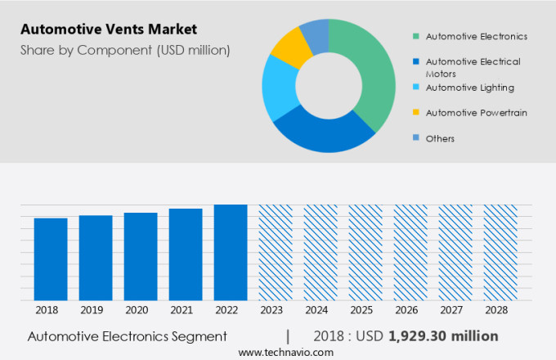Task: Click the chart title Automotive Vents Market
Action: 109,30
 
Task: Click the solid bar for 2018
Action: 51,259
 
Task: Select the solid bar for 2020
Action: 141,257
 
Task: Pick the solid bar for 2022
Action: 231,253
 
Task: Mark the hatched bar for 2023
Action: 276,253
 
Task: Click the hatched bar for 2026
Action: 410,253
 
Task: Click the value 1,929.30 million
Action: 442,336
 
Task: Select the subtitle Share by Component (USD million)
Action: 125,51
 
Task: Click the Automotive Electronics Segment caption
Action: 127,336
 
